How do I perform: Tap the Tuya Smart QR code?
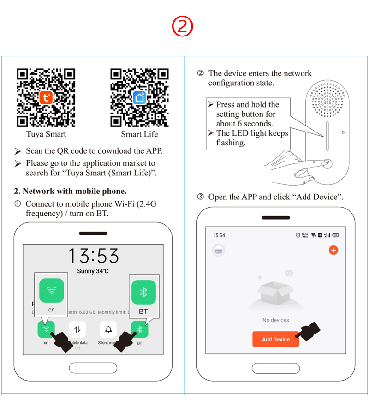coord(46,97)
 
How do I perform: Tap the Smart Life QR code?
coord(139,97)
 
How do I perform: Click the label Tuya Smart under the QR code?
coord(46,134)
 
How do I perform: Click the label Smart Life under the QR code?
coord(139,134)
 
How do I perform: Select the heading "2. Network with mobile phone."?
coord(70,191)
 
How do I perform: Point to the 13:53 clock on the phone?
coord(94,256)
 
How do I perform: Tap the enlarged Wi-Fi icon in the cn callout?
coord(51,290)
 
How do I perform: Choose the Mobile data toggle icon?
coord(77,329)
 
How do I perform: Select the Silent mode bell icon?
coord(108,329)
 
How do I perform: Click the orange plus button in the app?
coord(333,250)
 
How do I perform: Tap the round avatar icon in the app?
coord(218,251)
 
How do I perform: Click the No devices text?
coord(275,320)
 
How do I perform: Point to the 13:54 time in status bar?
coord(219,235)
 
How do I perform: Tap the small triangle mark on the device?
coord(343,133)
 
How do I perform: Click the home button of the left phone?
coord(93,368)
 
